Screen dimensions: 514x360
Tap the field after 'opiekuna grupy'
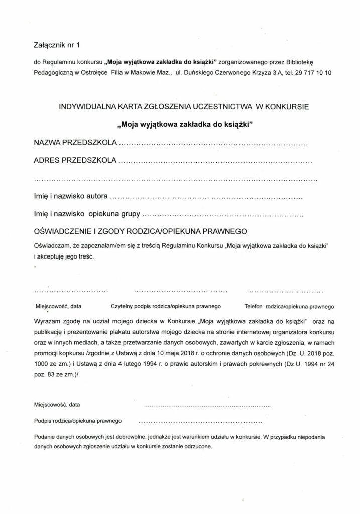pos(223,216)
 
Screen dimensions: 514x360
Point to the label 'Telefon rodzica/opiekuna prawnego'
pos(290,306)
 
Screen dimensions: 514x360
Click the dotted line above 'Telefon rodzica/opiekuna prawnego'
pos(285,291)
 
